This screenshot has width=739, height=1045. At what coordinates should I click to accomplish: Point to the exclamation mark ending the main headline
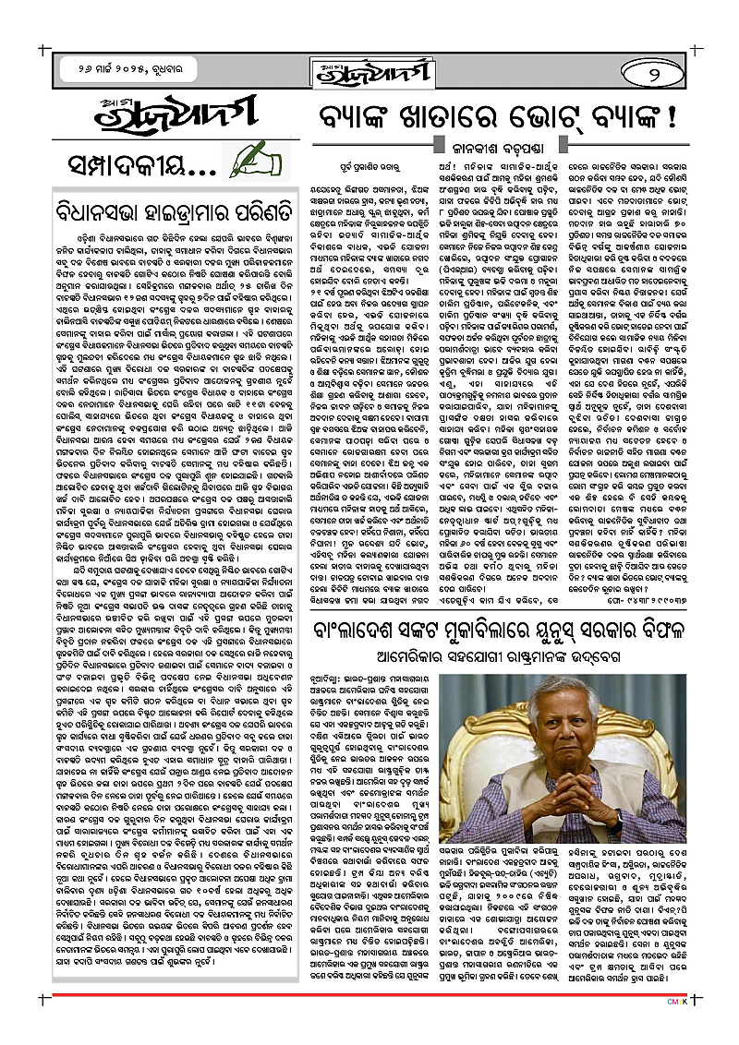pyautogui.click(x=670, y=118)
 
